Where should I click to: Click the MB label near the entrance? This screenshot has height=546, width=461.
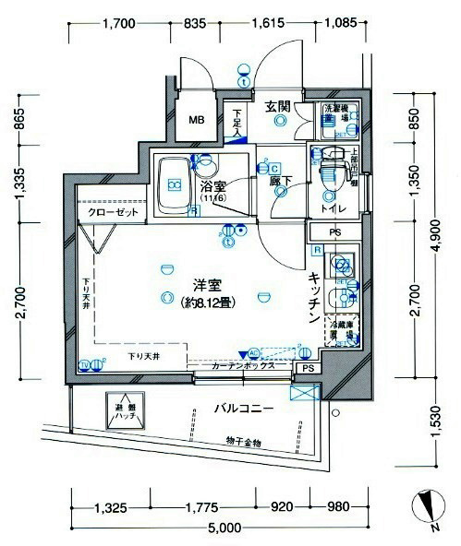coord(198,119)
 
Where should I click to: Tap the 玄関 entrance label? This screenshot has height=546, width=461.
coord(279,106)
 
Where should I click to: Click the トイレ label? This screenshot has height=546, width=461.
coord(334,208)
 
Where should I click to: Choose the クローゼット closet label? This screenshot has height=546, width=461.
coord(115,213)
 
